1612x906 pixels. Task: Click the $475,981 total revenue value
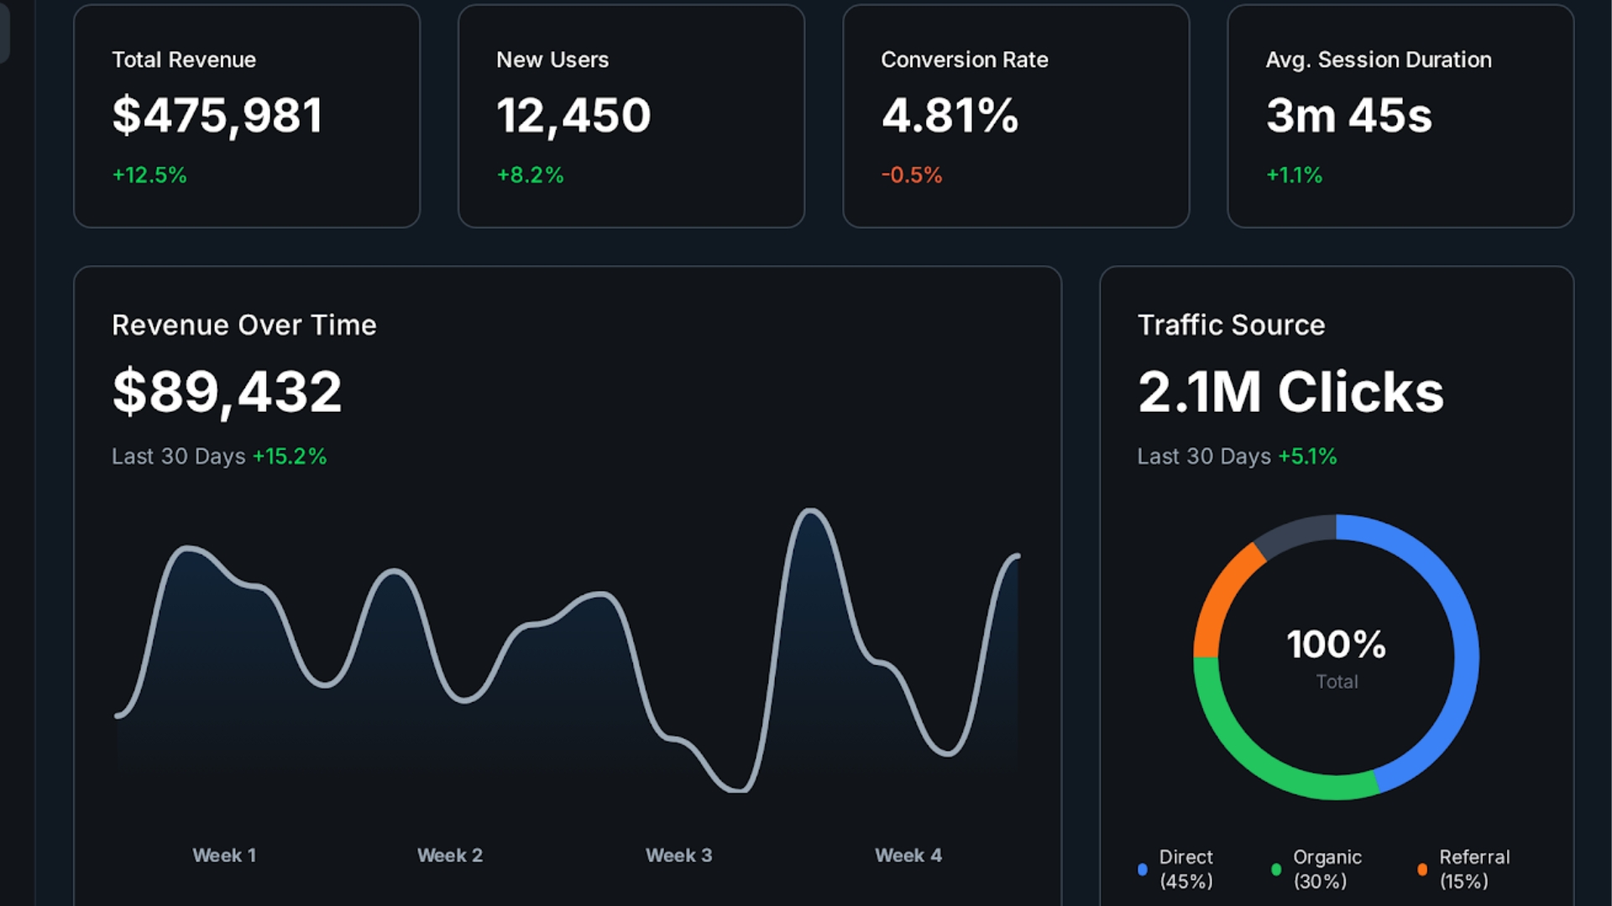[217, 116]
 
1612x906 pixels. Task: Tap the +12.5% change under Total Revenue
[149, 175]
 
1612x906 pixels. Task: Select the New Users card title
[552, 60]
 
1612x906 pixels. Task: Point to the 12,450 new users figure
[573, 116]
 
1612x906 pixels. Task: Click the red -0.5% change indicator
[912, 175]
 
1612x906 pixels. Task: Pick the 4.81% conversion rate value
[950, 116]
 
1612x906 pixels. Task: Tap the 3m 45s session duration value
[1348, 116]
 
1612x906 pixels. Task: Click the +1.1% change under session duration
[1294, 175]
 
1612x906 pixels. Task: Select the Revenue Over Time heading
[244, 325]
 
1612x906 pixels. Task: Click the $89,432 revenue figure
[227, 392]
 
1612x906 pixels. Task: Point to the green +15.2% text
[290, 456]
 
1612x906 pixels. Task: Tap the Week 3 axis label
[678, 856]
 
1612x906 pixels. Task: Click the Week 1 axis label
[224, 856]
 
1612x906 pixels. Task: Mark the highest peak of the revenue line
[810, 510]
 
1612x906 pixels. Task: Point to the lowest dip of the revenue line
[737, 789]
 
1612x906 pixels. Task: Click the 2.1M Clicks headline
[1290, 392]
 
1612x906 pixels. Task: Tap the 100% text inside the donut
[1336, 644]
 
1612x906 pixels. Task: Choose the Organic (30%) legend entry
[1327, 869]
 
